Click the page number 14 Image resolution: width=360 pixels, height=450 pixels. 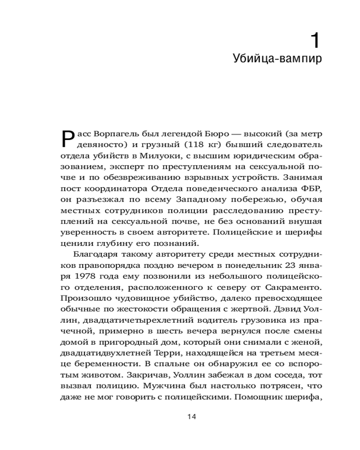[191, 417]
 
